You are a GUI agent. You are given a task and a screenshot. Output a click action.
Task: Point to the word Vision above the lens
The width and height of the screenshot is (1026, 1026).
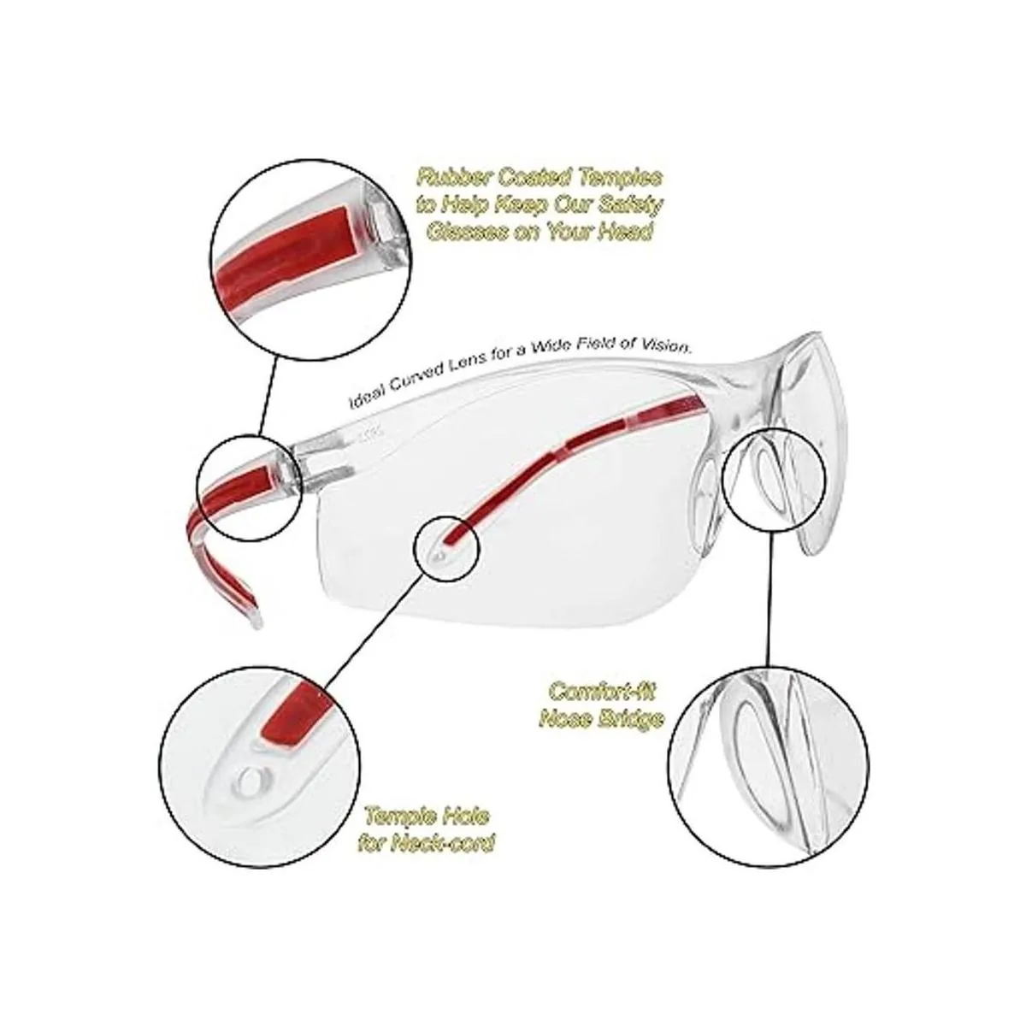coord(665,346)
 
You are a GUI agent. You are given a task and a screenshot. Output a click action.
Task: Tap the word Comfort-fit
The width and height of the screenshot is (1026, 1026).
coord(600,692)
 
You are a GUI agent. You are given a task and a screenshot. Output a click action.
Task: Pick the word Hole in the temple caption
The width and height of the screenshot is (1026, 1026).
coord(463,817)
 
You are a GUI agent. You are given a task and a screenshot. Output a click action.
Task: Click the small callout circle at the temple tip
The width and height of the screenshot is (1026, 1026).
coord(446,549)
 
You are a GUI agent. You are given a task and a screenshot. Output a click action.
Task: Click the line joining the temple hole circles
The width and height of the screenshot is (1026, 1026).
coord(374,623)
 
